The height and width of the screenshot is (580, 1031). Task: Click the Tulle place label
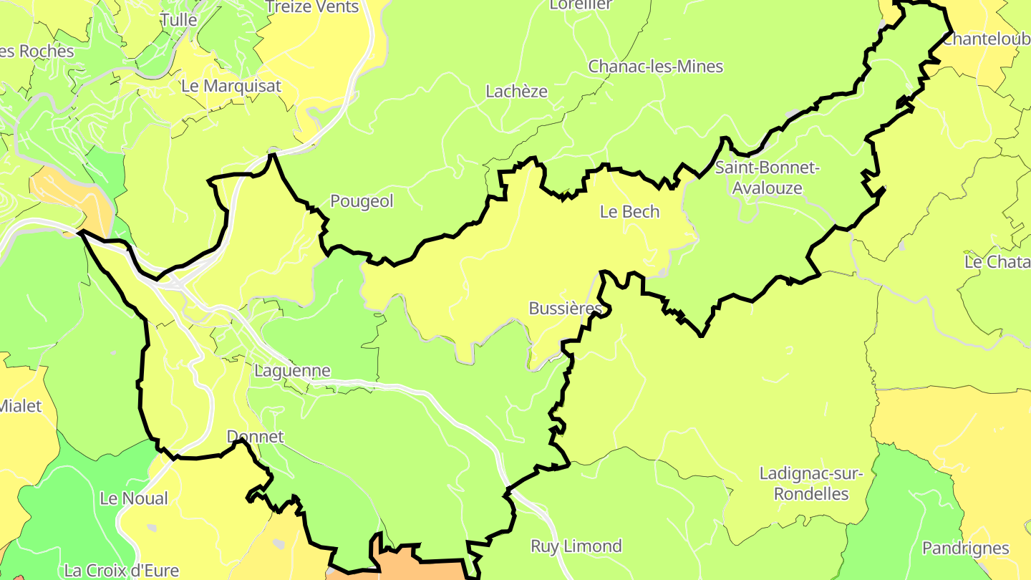pos(178,20)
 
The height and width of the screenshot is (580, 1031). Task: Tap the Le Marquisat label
pos(231,86)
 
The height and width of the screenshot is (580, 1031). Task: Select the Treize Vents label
pos(311,7)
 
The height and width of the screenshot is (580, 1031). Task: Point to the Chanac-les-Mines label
pos(655,67)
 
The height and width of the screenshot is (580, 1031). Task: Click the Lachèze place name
pos(516,92)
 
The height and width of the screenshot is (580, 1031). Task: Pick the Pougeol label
pos(362,202)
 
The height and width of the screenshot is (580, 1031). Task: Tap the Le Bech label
pos(629,212)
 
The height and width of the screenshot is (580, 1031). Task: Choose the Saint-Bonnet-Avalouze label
pos(767,178)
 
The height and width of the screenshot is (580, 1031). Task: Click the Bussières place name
pos(565,309)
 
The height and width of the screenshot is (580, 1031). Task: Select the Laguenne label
pos(292,371)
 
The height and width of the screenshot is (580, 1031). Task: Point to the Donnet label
pos(255,437)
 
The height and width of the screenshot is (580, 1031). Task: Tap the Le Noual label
pos(134,498)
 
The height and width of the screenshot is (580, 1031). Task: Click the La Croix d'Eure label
pos(121,571)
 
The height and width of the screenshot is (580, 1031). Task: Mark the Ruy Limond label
pos(576,546)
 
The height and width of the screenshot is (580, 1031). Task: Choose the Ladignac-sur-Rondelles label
pos(811,484)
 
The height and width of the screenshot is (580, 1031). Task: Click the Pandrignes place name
pos(965,548)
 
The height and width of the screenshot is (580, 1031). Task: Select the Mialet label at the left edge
pos(20,407)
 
